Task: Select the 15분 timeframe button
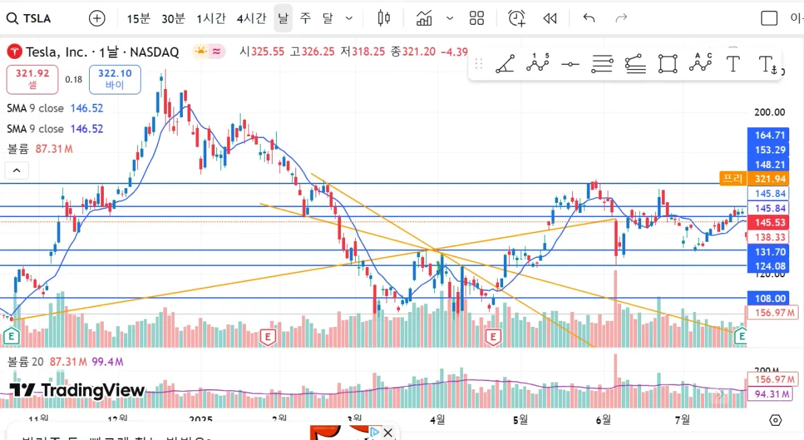click(x=139, y=18)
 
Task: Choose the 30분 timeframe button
click(x=173, y=18)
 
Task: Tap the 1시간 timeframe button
click(x=211, y=18)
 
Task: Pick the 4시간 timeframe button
click(x=251, y=18)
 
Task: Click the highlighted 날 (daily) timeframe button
click(x=283, y=18)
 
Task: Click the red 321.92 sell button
click(x=33, y=79)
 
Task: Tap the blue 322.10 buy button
click(x=115, y=79)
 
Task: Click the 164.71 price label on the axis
click(x=770, y=135)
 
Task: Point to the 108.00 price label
click(x=770, y=299)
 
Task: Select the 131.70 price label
click(x=770, y=252)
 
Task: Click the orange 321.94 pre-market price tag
click(x=770, y=179)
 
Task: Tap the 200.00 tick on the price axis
click(x=770, y=113)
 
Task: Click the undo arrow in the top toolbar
click(x=589, y=18)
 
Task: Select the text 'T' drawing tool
click(x=733, y=64)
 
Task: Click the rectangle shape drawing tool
click(x=667, y=64)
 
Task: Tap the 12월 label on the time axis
click(x=117, y=419)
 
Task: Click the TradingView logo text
click(x=77, y=390)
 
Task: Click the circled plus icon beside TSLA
click(x=97, y=18)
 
